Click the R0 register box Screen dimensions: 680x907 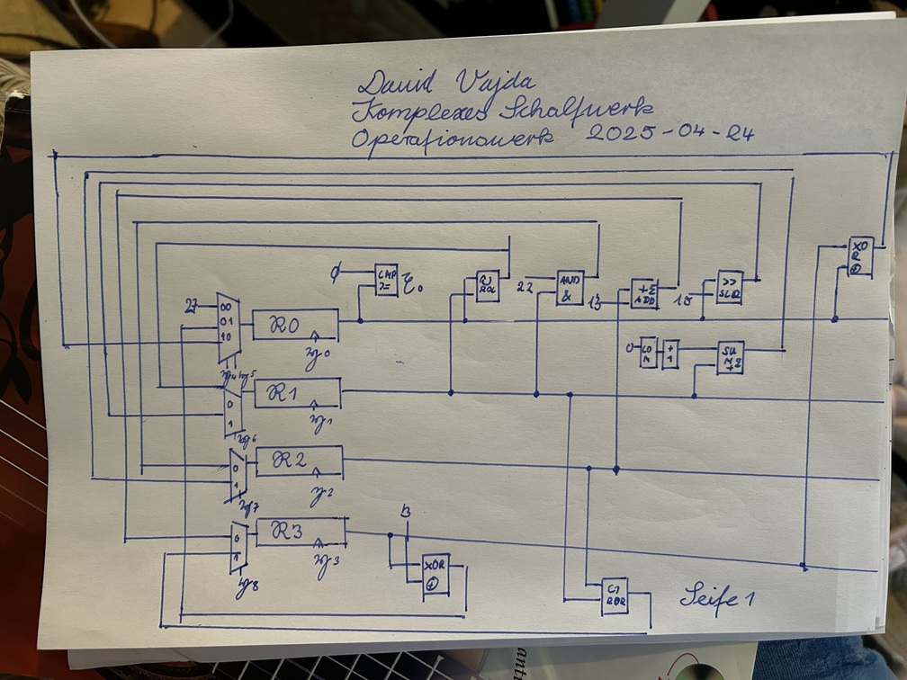tap(295, 325)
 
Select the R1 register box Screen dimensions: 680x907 tap(298, 393)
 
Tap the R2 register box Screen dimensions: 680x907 tap(299, 461)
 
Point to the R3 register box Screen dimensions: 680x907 tap(301, 532)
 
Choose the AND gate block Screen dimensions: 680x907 tap(570, 288)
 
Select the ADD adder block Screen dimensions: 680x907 tap(643, 294)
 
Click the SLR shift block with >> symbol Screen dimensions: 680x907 tap(730, 287)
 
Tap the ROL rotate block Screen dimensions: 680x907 tap(488, 286)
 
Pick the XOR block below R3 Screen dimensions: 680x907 tap(436, 575)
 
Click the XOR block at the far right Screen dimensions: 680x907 tap(860, 255)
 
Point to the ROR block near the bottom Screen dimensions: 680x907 tap(615, 596)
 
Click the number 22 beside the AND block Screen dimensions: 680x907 tap(525, 288)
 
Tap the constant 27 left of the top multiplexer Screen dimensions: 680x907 tap(192, 306)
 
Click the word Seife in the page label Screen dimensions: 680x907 tap(706, 597)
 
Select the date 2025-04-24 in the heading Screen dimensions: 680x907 tap(669, 134)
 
